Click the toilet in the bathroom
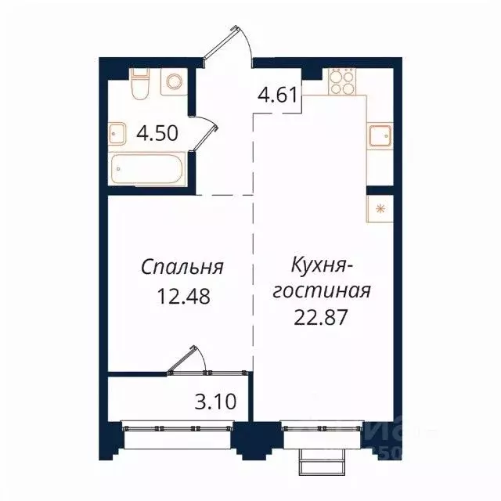[141, 84]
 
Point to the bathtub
[149, 168]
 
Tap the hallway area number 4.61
[277, 98]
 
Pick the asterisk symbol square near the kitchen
[380, 208]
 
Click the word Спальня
[182, 267]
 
